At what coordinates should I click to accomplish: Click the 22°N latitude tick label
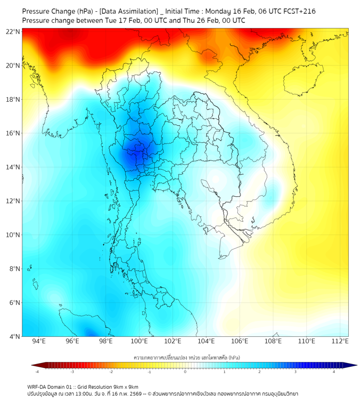pos(13,31)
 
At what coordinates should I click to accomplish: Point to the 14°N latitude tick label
pos(13,167)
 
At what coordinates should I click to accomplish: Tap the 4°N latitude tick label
pos(14,337)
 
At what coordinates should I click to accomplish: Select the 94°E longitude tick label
pos(39,342)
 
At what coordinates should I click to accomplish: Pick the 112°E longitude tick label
pos(340,342)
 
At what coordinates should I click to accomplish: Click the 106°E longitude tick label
pos(240,342)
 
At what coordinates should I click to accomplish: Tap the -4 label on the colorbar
pos(37,372)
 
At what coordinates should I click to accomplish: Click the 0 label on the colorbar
pos(185,372)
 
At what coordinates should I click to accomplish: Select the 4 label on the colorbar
pos(334,372)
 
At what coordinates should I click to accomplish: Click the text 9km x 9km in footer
pos(126,386)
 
